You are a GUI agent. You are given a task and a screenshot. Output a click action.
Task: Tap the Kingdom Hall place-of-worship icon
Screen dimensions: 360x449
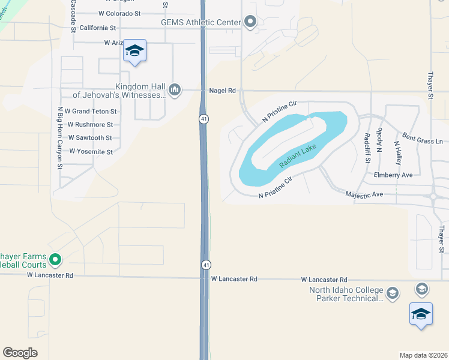(x=175, y=90)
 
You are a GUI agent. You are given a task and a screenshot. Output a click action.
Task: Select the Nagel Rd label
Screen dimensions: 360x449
(x=223, y=91)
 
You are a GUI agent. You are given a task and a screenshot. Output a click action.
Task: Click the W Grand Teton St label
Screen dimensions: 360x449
(x=91, y=112)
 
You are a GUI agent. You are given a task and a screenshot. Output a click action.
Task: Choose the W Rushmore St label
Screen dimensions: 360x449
(x=90, y=125)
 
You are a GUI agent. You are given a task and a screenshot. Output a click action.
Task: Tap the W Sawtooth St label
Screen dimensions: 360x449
(x=89, y=138)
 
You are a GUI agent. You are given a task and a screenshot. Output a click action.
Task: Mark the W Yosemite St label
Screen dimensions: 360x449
(x=91, y=152)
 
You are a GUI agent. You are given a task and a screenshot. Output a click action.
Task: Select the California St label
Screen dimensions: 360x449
(x=97, y=28)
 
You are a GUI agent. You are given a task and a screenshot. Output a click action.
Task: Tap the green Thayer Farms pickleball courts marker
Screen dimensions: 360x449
(x=55, y=260)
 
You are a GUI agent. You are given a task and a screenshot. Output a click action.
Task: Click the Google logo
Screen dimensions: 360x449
(x=20, y=353)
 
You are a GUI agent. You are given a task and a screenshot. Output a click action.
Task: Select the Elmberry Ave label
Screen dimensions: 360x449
(x=393, y=175)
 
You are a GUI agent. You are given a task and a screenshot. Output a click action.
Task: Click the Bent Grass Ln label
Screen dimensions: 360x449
(x=422, y=138)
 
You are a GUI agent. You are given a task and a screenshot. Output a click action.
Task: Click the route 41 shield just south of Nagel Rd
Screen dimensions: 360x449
(x=205, y=119)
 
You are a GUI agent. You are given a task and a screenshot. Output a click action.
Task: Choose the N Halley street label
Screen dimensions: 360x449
(x=398, y=152)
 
